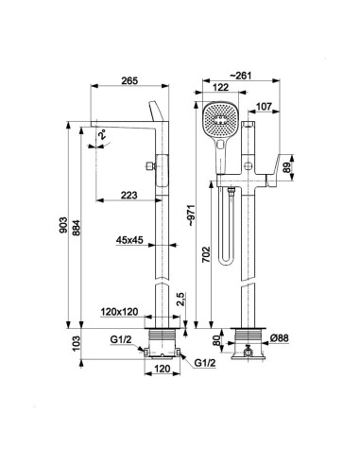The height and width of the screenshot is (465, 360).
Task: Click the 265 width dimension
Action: [x=129, y=80]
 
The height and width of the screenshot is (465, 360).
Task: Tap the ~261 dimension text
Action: [x=241, y=76]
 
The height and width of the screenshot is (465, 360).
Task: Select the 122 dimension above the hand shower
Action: [x=220, y=87]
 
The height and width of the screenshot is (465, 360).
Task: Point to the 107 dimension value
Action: [x=264, y=107]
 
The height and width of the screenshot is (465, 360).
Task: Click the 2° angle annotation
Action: [x=102, y=136]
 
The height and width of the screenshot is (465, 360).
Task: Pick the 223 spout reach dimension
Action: [x=129, y=195]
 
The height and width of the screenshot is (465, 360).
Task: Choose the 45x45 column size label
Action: [x=129, y=240]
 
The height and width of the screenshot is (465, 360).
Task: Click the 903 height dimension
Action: [x=63, y=225]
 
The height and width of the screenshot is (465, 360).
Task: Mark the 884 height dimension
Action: [x=77, y=228]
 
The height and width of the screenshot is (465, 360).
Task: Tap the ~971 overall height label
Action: [x=191, y=215]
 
